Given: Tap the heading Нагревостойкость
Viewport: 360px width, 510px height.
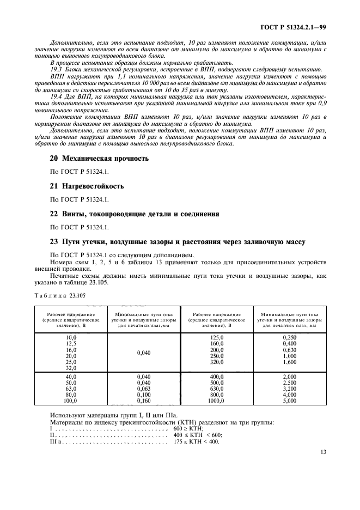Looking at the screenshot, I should click(93, 186).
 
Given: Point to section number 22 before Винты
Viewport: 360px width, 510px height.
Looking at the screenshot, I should click(54, 213).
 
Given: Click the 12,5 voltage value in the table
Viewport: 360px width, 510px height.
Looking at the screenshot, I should click(71, 344).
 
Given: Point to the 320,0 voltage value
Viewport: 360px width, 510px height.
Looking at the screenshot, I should click(217, 362).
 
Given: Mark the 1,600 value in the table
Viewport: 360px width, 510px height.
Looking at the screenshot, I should click(290, 362).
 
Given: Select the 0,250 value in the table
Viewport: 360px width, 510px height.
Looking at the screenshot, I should click(290, 338).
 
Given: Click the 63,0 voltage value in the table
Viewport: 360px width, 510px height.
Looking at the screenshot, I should click(71, 387).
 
